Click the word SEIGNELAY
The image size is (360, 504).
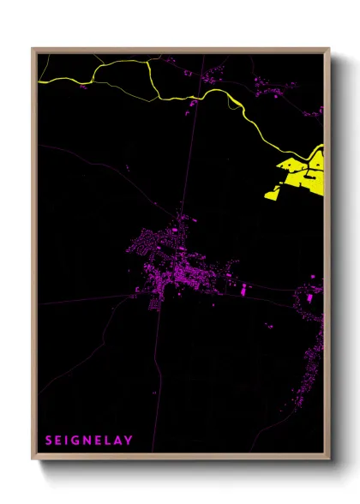point(89,441)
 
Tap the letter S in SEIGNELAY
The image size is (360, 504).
point(48,441)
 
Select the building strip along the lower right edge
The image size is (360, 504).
point(314,360)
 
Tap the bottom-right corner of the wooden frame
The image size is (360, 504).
point(328,459)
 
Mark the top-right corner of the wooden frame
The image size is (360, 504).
point(328,50)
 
